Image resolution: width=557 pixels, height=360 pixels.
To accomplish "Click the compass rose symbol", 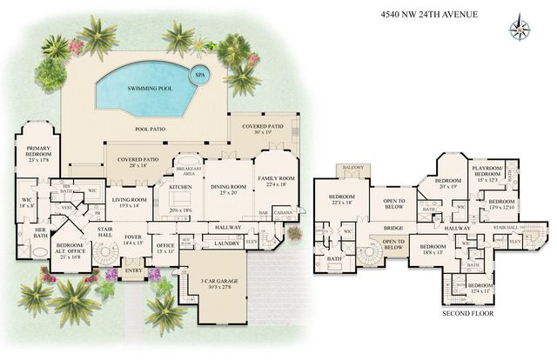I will tap(520, 24).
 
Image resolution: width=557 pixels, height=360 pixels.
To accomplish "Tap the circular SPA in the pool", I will tap(199, 75).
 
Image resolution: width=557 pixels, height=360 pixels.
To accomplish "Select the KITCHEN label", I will tap(180, 187).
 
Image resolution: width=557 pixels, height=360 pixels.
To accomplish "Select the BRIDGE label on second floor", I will tap(393, 228).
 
